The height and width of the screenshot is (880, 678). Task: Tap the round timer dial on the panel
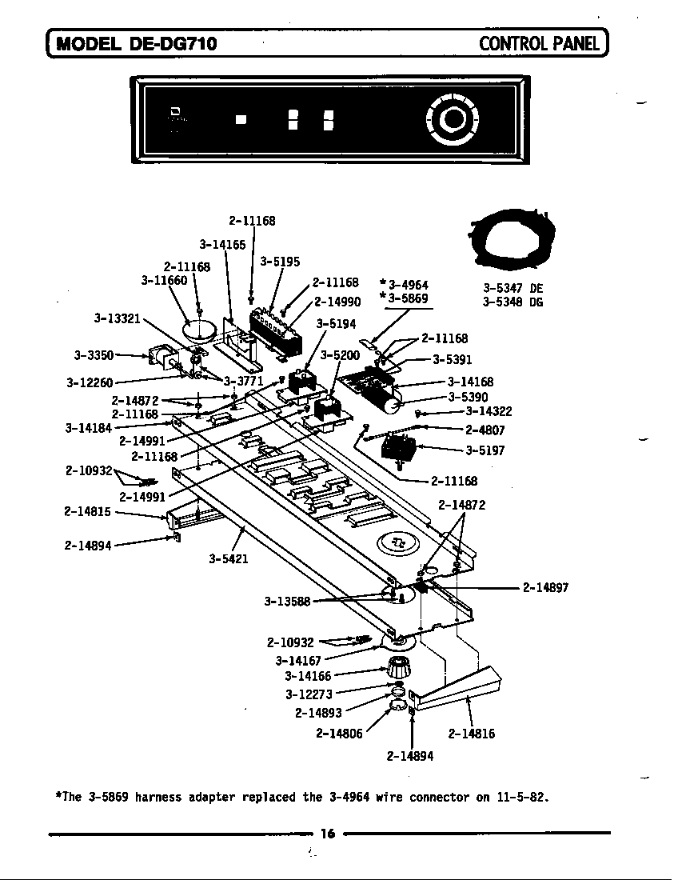click(x=453, y=119)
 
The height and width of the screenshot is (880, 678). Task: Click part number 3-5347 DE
click(x=512, y=287)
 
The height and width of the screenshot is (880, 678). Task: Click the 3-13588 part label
click(x=287, y=601)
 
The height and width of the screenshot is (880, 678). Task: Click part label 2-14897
click(x=545, y=588)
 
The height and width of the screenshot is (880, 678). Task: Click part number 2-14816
click(x=471, y=733)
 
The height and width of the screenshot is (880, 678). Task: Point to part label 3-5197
click(x=485, y=450)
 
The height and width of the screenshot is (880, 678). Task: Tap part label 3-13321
click(x=118, y=318)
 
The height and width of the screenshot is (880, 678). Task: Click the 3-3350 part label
click(x=94, y=354)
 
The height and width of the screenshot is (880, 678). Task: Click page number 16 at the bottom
click(x=327, y=834)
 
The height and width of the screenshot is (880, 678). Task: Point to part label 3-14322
click(x=489, y=411)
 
